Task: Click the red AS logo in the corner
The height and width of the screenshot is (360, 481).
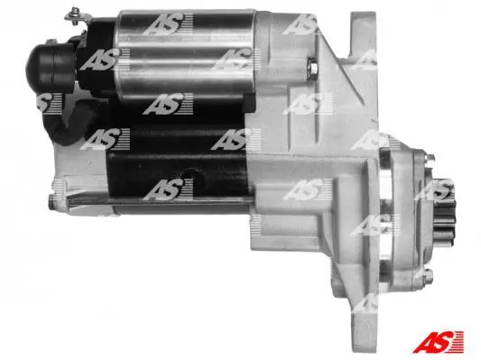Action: [439, 341]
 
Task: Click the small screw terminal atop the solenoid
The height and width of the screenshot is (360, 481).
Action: [74, 14]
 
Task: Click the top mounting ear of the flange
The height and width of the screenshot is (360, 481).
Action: [364, 33]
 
